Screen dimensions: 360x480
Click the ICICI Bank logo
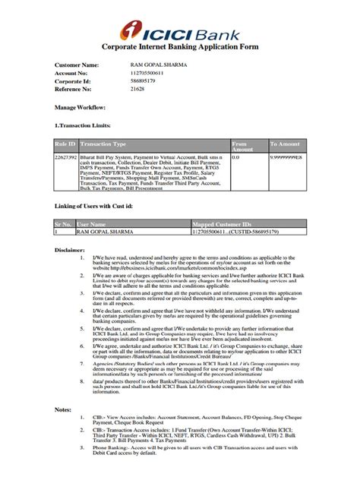click(179, 32)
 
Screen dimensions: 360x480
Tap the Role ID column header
click(65, 144)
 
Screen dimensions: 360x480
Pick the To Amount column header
click(286, 144)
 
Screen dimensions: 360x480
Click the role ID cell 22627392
click(66, 156)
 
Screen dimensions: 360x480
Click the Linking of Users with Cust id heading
click(100, 206)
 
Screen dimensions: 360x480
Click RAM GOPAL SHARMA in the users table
click(106, 231)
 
